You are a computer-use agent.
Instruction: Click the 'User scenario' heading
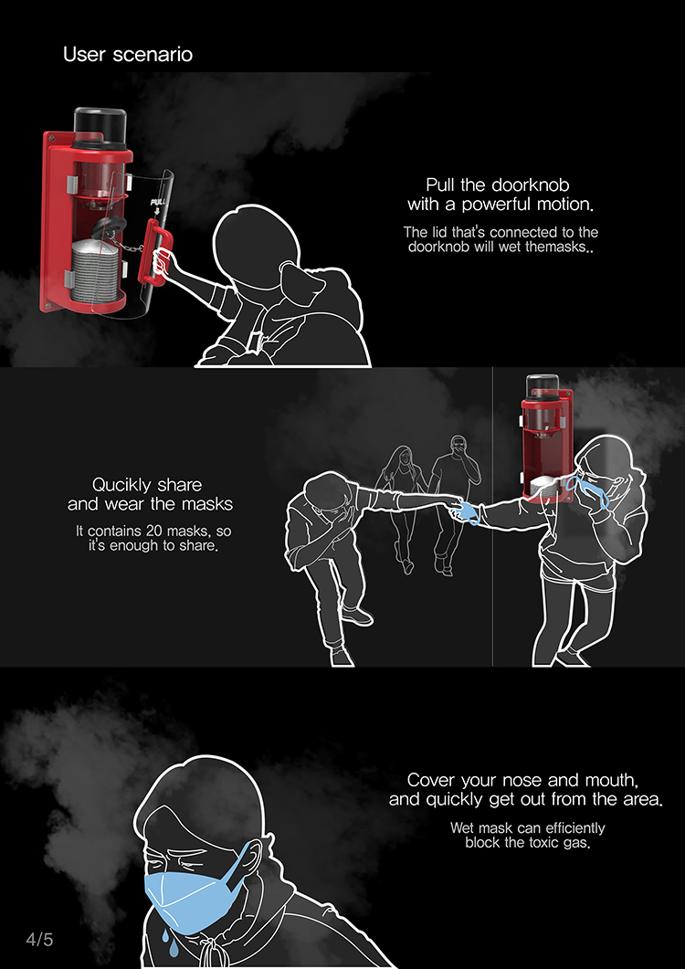[x=128, y=55]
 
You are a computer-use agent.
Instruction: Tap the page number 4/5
[x=39, y=940]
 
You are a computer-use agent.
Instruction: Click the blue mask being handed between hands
[x=466, y=511]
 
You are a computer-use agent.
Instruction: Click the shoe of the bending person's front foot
[x=357, y=616]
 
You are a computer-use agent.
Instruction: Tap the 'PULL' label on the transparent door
[x=158, y=202]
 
